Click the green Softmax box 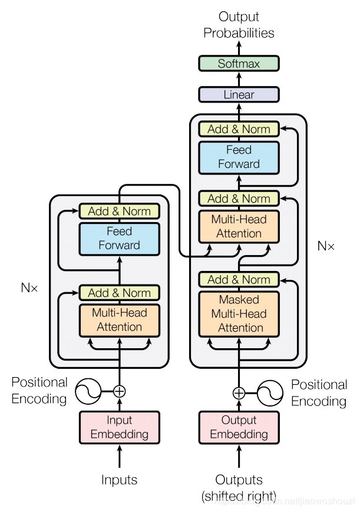pyautogui.click(x=239, y=64)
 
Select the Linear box pyautogui.click(x=239, y=94)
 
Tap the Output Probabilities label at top pyautogui.click(x=239, y=25)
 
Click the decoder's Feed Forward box pyautogui.click(x=239, y=157)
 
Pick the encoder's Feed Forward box pyautogui.click(x=120, y=239)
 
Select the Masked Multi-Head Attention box pyautogui.click(x=239, y=313)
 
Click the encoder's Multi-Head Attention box pyautogui.click(x=120, y=320)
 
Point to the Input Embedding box pyautogui.click(x=120, y=427)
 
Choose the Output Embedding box pyautogui.click(x=239, y=427)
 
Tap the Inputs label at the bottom pyautogui.click(x=120, y=480)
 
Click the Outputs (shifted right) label pyautogui.click(x=239, y=487)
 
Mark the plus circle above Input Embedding pyautogui.click(x=120, y=390)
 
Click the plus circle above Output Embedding pyautogui.click(x=239, y=393)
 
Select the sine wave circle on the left pyautogui.click(x=87, y=390)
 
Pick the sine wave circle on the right pyautogui.click(x=271, y=393)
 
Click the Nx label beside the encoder pyautogui.click(x=29, y=288)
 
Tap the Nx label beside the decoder pyautogui.click(x=325, y=246)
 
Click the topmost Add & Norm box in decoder pyautogui.click(x=239, y=129)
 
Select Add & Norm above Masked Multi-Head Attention pyautogui.click(x=239, y=279)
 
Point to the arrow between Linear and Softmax pyautogui.click(x=239, y=79)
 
